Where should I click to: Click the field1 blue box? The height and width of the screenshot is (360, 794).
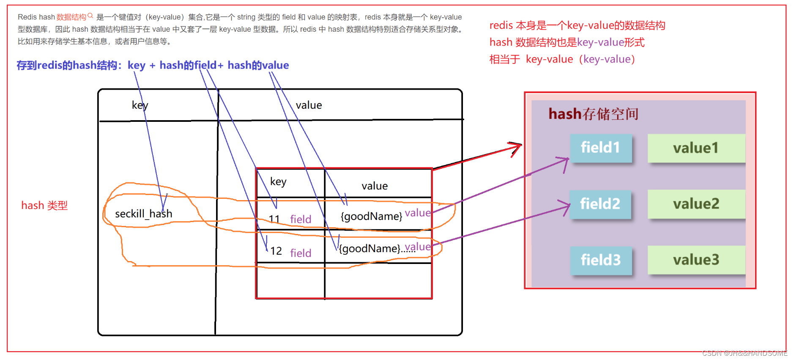(x=600, y=148)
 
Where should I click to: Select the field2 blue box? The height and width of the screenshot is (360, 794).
(x=600, y=204)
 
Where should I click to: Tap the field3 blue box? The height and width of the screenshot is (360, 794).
(x=600, y=260)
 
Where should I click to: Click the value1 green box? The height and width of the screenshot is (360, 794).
(x=696, y=148)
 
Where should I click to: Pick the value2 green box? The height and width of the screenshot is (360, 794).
(x=696, y=204)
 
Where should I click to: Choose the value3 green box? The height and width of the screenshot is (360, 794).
(x=696, y=260)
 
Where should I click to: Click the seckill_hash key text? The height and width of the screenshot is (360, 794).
(x=143, y=214)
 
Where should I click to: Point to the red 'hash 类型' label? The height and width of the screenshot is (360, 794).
(x=44, y=206)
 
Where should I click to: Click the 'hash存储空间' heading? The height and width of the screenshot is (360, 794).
(x=593, y=114)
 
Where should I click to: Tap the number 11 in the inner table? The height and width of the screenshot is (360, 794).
(x=274, y=219)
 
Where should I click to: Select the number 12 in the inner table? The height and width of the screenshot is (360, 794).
(x=276, y=251)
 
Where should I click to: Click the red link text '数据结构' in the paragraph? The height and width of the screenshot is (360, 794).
(x=71, y=17)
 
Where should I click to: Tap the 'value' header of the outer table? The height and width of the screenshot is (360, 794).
(x=309, y=105)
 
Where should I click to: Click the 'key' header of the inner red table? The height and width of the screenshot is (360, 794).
(x=278, y=181)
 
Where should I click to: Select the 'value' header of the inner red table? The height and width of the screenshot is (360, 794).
(x=375, y=186)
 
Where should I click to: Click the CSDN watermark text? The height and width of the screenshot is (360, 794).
(x=745, y=353)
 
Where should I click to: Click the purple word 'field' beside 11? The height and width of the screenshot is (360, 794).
(x=301, y=219)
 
